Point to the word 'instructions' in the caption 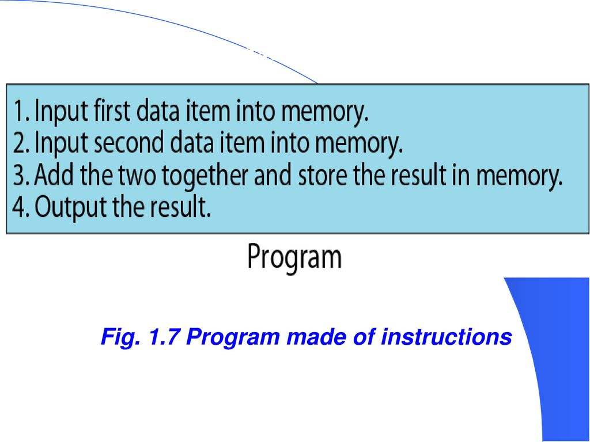447,337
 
